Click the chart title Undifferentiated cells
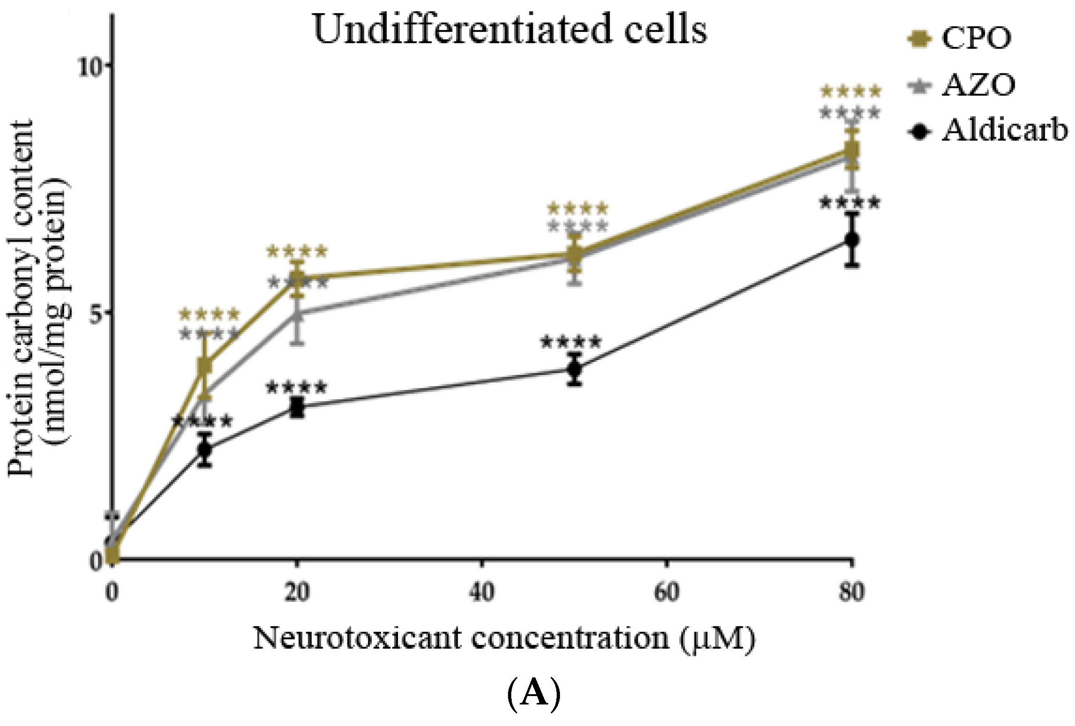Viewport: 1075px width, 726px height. pyautogui.click(x=510, y=29)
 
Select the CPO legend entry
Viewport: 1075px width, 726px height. pyautogui.click(x=976, y=38)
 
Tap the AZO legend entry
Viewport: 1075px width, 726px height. pyautogui.click(x=978, y=85)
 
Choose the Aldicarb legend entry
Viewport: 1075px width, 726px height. pyautogui.click(x=1005, y=131)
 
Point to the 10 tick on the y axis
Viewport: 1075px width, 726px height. pyautogui.click(x=90, y=66)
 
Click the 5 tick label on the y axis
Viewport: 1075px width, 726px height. pyautogui.click(x=96, y=315)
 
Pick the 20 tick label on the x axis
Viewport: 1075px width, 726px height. pyautogui.click(x=297, y=592)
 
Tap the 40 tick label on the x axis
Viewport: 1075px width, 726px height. pyautogui.click(x=482, y=592)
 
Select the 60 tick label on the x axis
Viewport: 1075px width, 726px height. pyautogui.click(x=667, y=592)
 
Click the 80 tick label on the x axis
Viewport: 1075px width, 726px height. pyautogui.click(x=851, y=592)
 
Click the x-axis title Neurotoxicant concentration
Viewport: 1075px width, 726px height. pyautogui.click(x=504, y=638)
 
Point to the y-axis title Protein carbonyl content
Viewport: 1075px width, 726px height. pyautogui.click(x=37, y=300)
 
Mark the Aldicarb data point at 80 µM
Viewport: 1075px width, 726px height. pyautogui.click(x=853, y=240)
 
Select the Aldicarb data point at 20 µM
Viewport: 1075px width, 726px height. pyautogui.click(x=297, y=408)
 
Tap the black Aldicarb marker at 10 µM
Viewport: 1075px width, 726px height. pyautogui.click(x=205, y=449)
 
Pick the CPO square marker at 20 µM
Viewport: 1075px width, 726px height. pyautogui.click(x=297, y=278)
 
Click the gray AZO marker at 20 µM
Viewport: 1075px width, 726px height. pyautogui.click(x=297, y=314)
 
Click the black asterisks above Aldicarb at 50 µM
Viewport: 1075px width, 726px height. pyautogui.click(x=570, y=343)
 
